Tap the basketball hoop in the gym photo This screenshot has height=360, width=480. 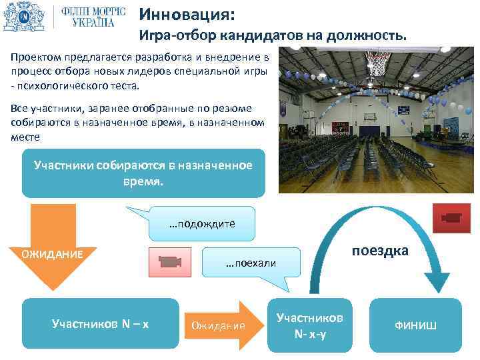pos(379,63)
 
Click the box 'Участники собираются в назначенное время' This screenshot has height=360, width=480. pos(143,173)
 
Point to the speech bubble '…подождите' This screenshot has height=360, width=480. pos(202,223)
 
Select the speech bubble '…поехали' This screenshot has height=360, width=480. pos(251,263)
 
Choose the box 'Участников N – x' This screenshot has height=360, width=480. pos(100,325)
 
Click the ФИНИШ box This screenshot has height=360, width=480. pos(417,325)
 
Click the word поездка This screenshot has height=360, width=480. pos(380,251)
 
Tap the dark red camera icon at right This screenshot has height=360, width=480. pos(452,218)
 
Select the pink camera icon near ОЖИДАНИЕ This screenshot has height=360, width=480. pos(169,262)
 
